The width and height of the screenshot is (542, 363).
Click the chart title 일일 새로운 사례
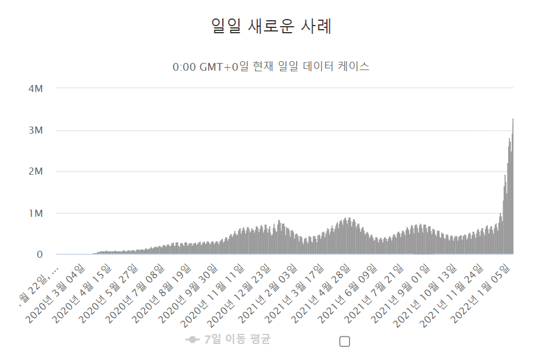(x=271, y=26)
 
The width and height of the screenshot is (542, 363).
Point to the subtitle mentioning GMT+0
(x=271, y=67)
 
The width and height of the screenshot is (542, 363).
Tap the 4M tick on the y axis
(x=36, y=89)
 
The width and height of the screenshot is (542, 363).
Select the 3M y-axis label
(x=36, y=130)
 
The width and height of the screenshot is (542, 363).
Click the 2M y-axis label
(x=36, y=172)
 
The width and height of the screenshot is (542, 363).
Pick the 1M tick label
(x=36, y=213)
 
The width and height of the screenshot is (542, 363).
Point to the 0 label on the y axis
(x=40, y=255)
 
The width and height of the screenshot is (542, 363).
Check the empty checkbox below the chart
(x=345, y=341)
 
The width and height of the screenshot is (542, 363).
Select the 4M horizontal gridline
(x=285, y=88)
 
